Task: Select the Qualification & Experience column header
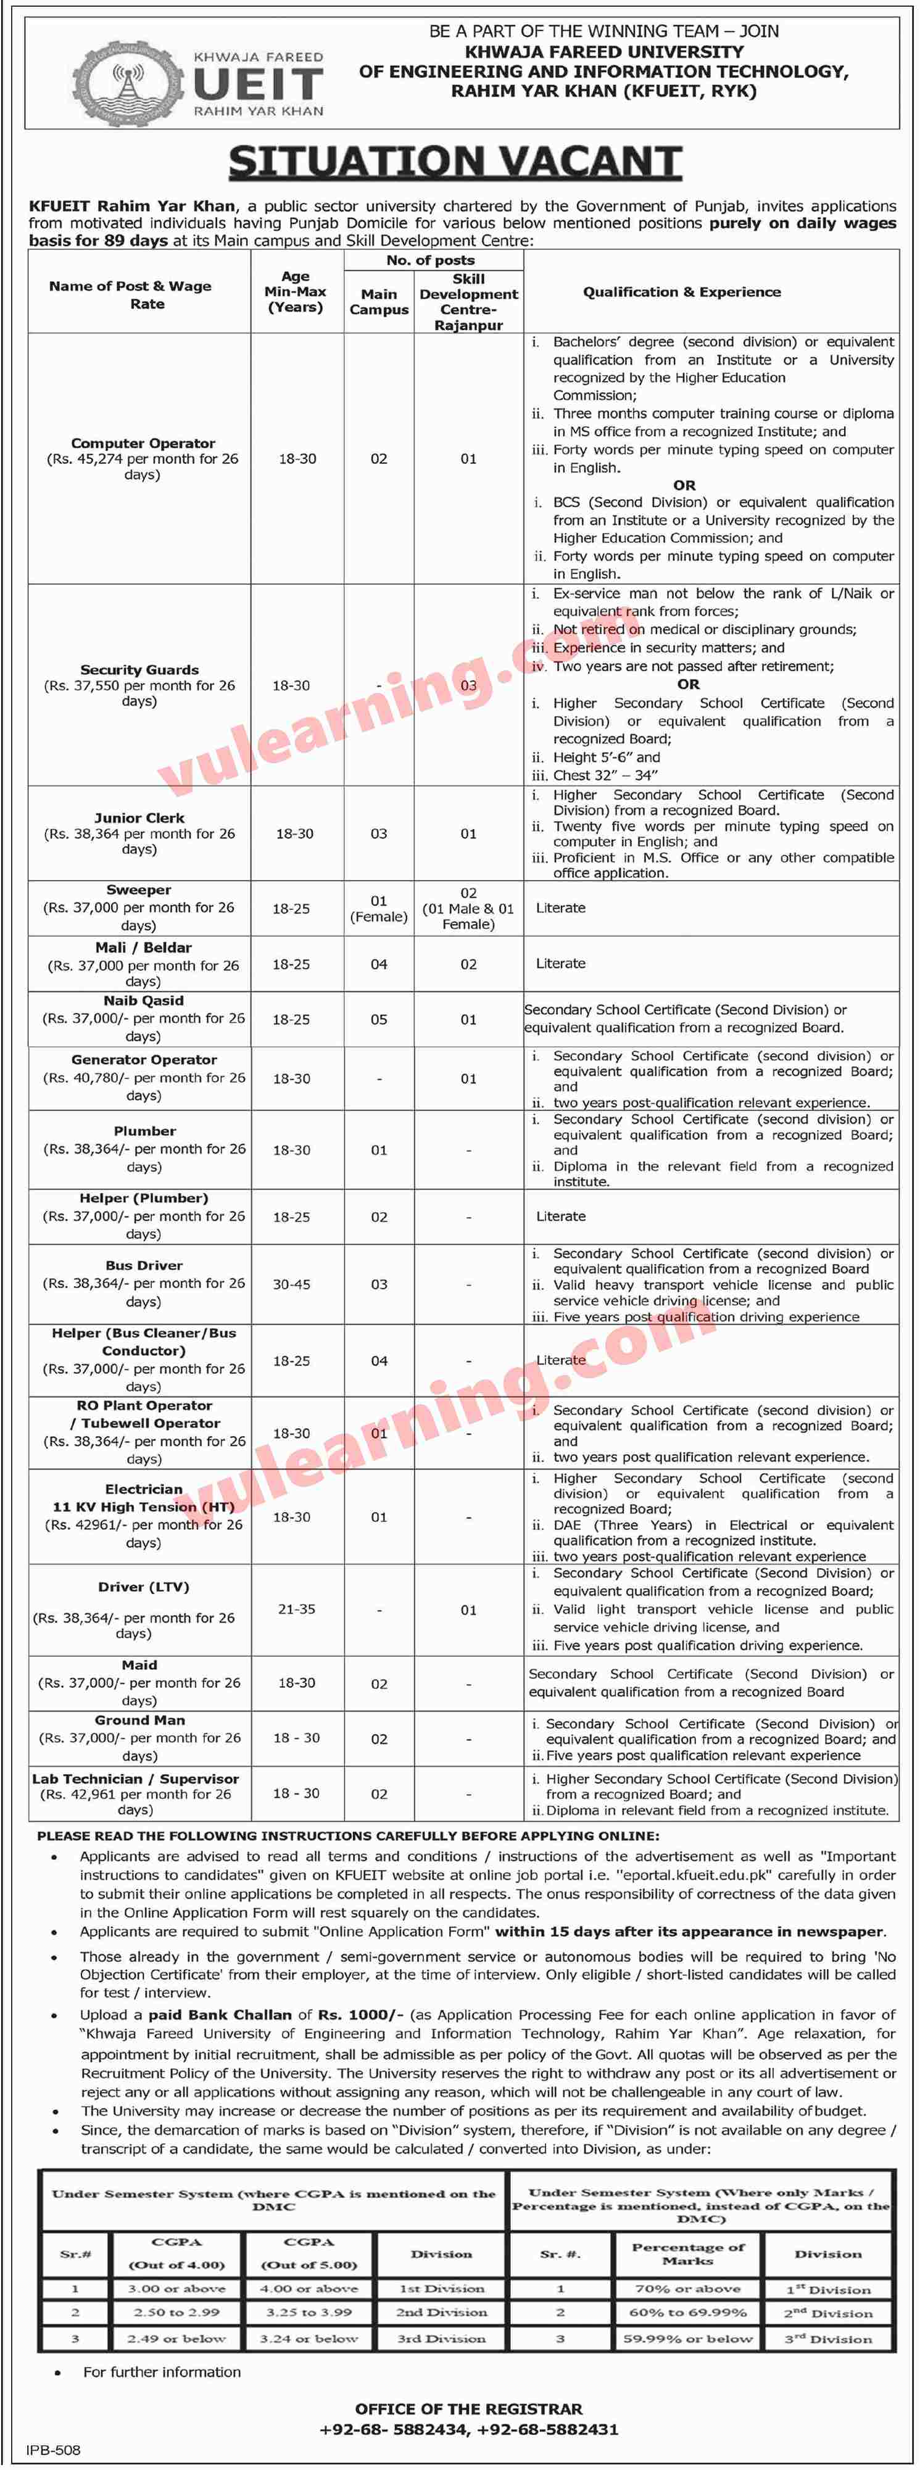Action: click(x=681, y=292)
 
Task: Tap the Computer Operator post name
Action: click(x=143, y=443)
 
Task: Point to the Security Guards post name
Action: click(x=139, y=669)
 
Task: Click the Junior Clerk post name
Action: click(x=139, y=818)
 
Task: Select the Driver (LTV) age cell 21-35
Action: click(x=296, y=1609)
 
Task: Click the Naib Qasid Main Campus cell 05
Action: click(x=379, y=1019)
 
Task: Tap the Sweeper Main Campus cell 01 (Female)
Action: click(x=379, y=908)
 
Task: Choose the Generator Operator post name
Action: click(x=144, y=1060)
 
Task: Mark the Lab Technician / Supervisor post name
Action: click(x=135, y=1778)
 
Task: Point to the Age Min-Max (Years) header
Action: click(x=296, y=292)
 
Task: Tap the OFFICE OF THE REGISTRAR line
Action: click(x=468, y=2409)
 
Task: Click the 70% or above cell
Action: click(x=688, y=2289)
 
